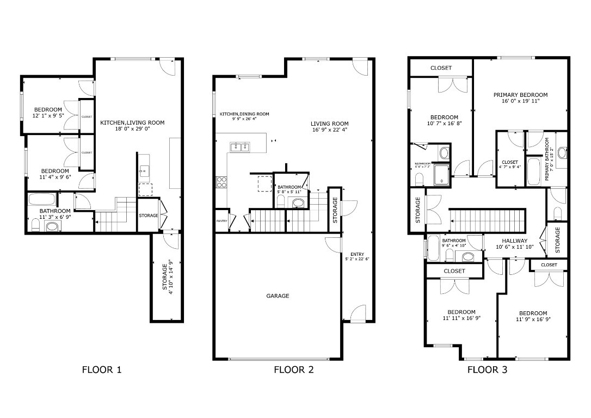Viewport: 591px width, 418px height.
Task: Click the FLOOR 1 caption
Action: pos(101,370)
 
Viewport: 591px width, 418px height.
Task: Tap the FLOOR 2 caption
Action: pos(293,370)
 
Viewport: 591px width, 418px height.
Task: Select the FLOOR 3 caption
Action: pos(488,370)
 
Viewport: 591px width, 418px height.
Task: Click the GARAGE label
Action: pos(278,296)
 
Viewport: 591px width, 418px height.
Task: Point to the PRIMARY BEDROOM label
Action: pos(520,95)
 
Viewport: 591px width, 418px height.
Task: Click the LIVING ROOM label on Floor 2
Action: pos(330,124)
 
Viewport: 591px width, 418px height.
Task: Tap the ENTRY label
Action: pos(357,254)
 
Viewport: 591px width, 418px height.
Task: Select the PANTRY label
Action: pos(222,221)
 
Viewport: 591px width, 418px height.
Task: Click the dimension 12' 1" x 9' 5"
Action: pos(48,116)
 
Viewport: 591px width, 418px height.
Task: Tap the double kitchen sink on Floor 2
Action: pos(240,146)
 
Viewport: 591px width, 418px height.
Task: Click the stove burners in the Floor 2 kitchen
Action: pos(221,182)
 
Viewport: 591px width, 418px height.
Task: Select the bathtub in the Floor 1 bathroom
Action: pos(41,199)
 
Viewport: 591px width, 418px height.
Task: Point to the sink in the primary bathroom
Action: pos(562,152)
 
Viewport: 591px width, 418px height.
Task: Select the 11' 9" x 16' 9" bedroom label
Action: pos(532,316)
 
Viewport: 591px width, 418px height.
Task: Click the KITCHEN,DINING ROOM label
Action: pos(244,114)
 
